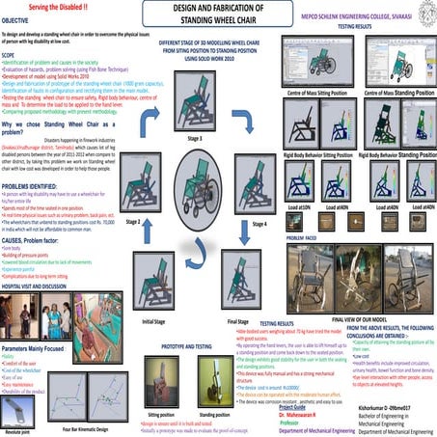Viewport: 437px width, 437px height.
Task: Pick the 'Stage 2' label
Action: click(x=135, y=221)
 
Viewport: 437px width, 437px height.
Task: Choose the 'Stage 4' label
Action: click(x=259, y=223)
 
